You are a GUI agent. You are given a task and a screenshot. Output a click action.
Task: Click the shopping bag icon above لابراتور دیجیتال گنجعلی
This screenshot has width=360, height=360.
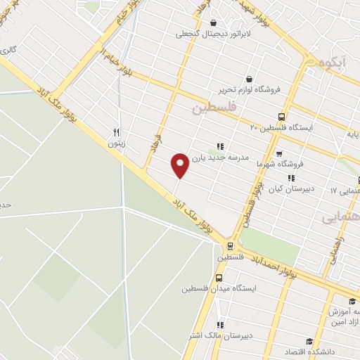pos(213,22)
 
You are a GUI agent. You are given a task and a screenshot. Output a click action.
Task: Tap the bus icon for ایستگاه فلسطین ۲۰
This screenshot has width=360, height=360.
pos(282,117)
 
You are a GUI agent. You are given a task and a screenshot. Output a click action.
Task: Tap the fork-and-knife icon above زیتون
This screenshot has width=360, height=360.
pos(117,132)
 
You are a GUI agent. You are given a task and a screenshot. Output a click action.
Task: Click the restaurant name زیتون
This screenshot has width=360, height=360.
pos(115,143)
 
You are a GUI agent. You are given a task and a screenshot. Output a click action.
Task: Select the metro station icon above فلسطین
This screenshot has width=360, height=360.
pos(229,246)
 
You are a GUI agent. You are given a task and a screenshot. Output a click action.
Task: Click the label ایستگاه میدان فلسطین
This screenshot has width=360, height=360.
pos(219,289)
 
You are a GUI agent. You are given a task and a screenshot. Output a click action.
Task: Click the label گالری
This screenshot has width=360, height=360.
pos(8,50)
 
